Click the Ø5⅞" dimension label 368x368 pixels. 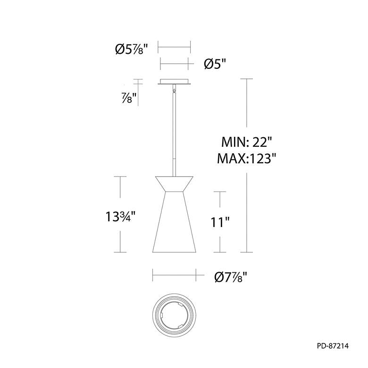[x=133, y=49]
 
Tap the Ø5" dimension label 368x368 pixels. [x=215, y=64]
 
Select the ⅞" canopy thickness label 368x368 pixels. [x=129, y=98]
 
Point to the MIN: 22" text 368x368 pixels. [x=246, y=142]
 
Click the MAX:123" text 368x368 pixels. [x=247, y=159]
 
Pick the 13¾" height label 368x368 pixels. [x=120, y=217]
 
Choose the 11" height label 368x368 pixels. [x=220, y=222]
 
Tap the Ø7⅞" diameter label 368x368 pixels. [x=231, y=277]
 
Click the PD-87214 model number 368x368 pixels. [x=333, y=346]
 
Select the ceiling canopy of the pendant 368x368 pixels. [x=174, y=82]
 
